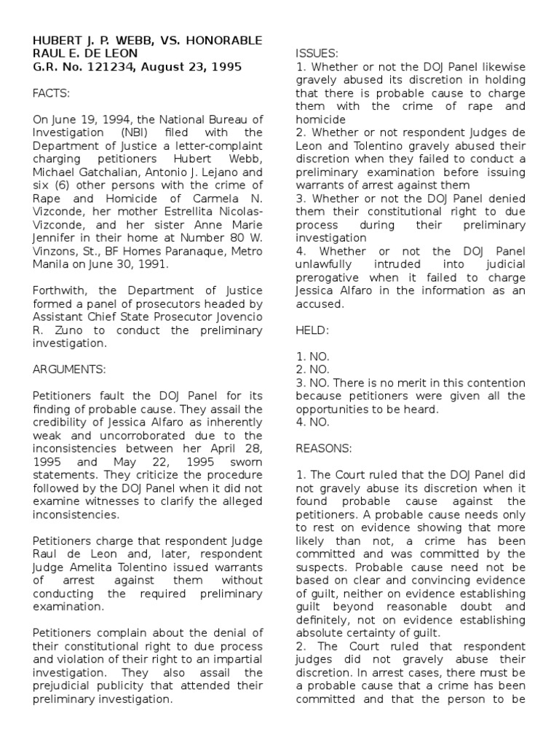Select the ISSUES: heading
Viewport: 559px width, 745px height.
[x=317, y=53]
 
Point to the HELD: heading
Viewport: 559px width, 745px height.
[x=313, y=330]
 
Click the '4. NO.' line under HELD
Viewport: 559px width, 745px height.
[x=313, y=422]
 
